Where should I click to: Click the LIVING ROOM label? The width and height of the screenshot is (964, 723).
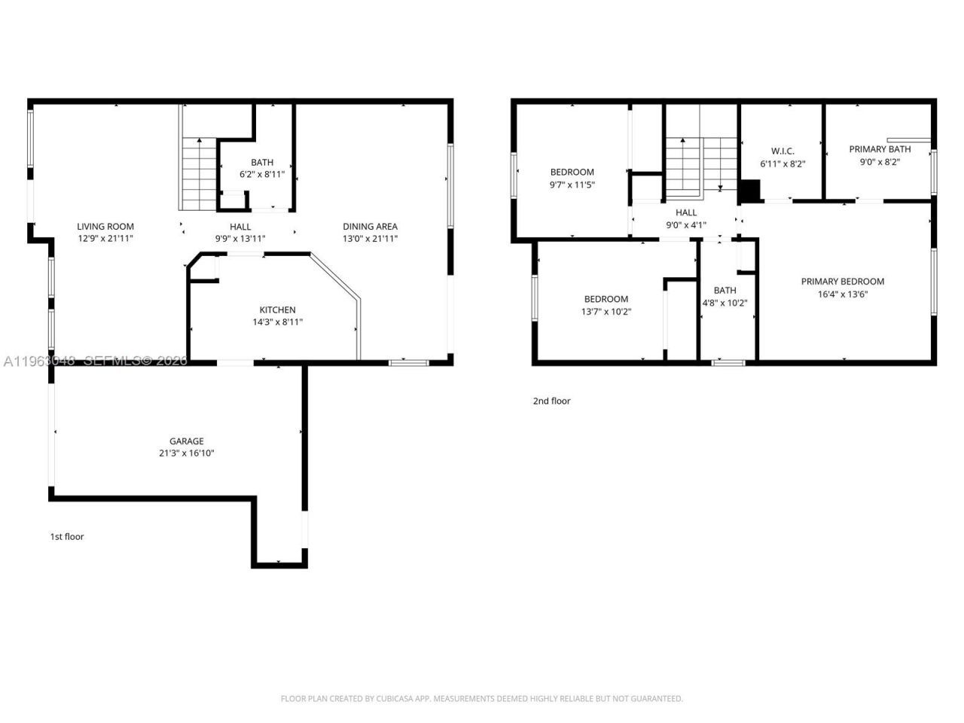pos(105,226)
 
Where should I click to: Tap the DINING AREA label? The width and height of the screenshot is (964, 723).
pos(370,226)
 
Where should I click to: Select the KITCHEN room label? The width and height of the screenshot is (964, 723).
pos(277,310)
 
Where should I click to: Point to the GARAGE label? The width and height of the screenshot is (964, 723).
pos(186,441)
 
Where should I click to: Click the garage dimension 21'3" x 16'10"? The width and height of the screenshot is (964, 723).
pos(186,453)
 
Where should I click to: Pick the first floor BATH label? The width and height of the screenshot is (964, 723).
pos(262,162)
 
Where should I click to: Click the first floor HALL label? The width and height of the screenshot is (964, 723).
pos(240,226)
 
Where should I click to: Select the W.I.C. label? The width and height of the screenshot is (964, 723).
pos(782,151)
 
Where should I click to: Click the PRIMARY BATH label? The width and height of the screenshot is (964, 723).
pos(880,149)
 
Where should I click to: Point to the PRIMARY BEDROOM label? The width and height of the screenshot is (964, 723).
pos(842,282)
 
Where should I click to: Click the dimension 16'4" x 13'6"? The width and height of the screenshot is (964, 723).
pos(842,294)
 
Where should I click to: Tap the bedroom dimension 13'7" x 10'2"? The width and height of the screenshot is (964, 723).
pos(606,312)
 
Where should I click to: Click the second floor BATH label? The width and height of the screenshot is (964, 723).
pos(725,290)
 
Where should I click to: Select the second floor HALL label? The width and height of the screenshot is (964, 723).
pos(686,212)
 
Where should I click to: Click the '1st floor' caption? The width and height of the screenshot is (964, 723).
pos(67,537)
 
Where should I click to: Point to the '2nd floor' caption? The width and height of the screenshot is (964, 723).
pos(551,401)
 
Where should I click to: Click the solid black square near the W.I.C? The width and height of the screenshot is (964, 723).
pos(749,191)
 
